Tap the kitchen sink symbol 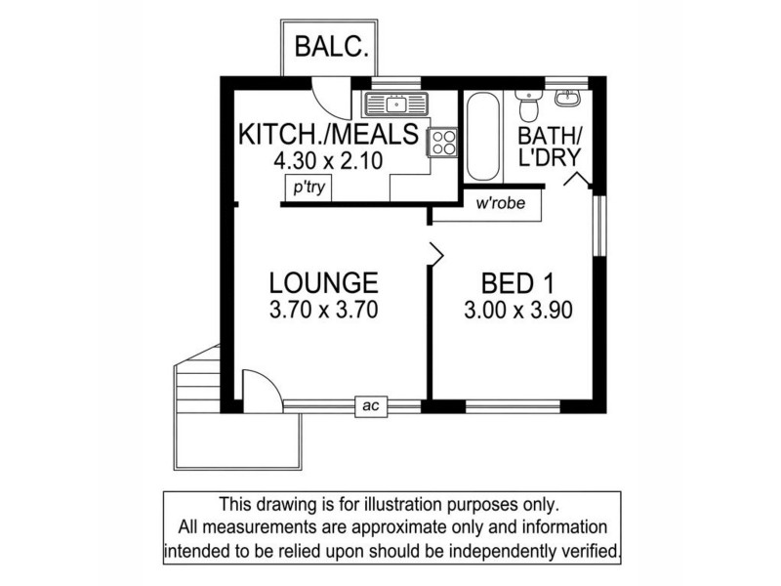(395, 102)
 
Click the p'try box (306, 188)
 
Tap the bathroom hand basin (567, 98)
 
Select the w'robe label (496, 205)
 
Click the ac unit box (370, 406)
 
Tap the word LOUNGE (323, 284)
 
